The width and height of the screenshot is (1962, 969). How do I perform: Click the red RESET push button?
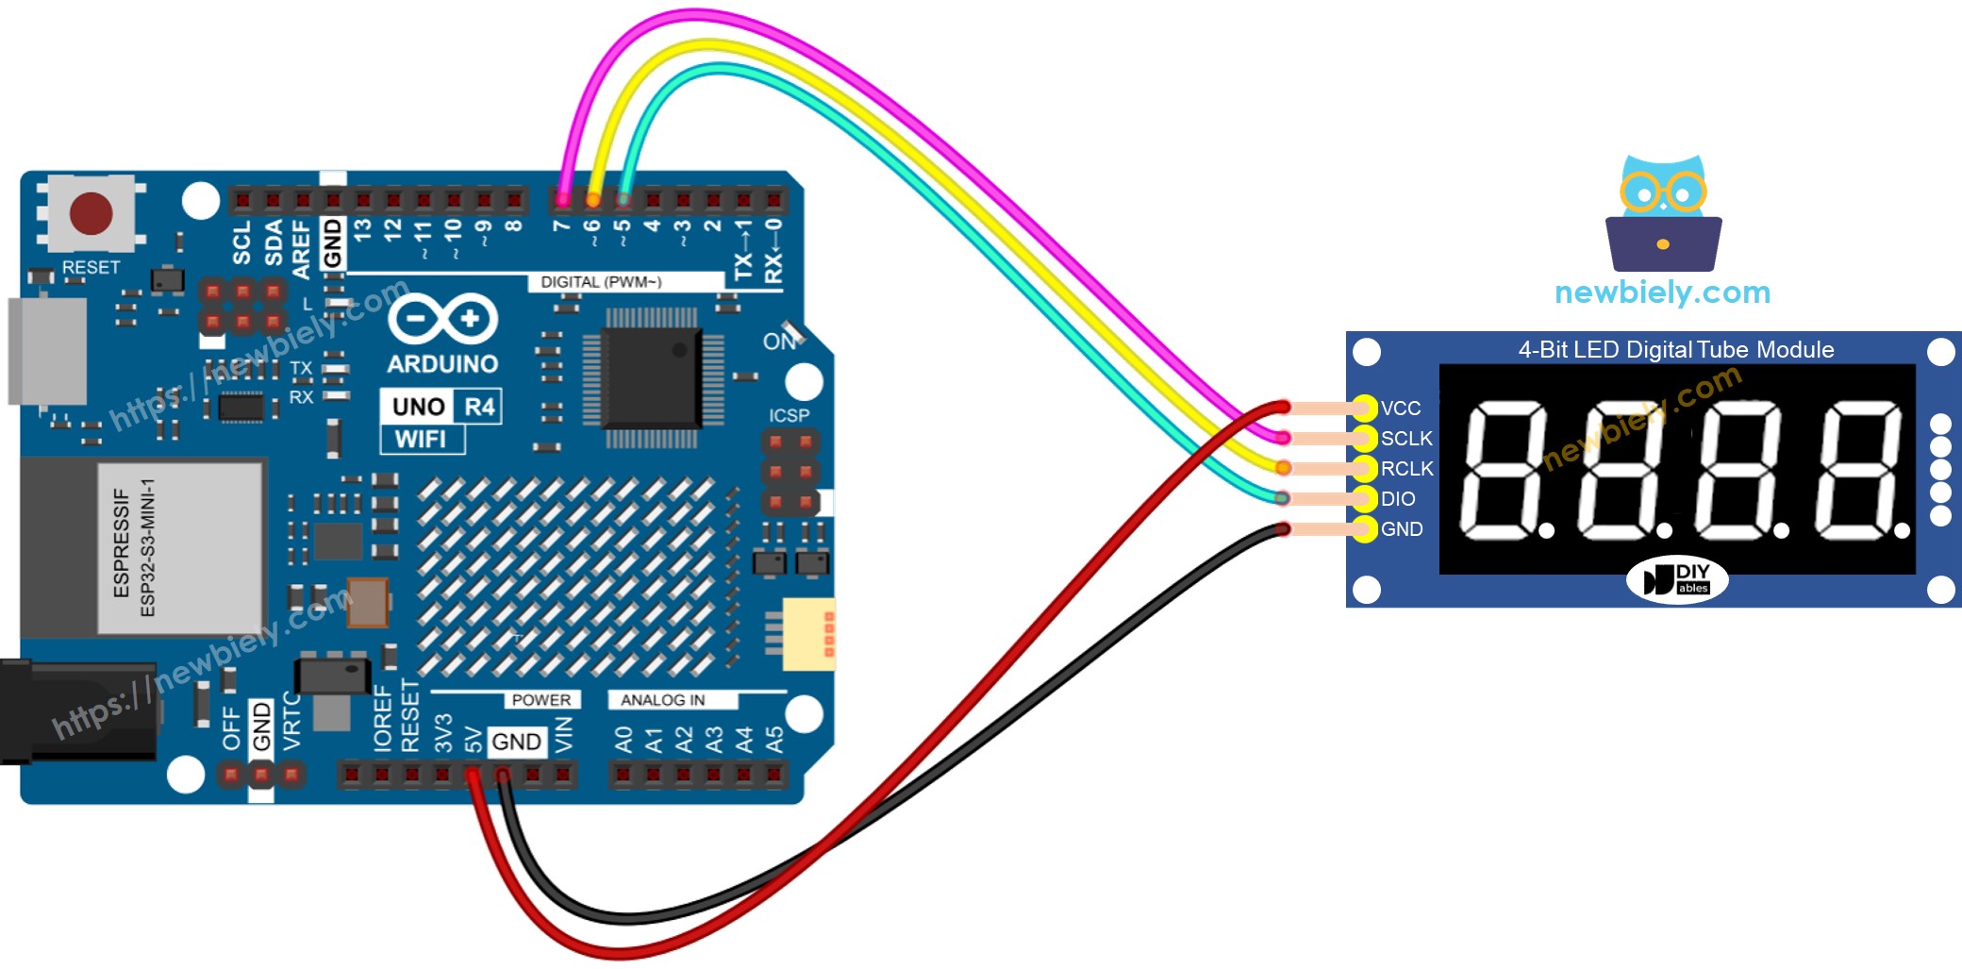(x=91, y=213)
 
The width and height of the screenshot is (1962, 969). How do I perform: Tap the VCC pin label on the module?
(x=1400, y=409)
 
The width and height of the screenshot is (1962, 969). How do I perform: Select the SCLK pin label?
(x=1405, y=439)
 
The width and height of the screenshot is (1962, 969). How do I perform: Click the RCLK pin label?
(x=1406, y=469)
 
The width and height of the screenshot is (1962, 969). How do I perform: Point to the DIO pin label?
(x=1397, y=499)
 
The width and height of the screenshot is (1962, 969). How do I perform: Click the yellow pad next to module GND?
(x=1364, y=529)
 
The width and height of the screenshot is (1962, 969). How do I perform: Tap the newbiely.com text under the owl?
(x=1662, y=292)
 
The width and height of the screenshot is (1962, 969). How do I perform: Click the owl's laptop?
(x=1663, y=244)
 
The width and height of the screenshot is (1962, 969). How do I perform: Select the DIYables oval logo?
(x=1676, y=579)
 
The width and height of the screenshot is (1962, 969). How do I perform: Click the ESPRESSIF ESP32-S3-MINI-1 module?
(x=141, y=547)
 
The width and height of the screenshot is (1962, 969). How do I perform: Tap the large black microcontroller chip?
(x=651, y=377)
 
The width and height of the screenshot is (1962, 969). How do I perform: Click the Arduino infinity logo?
(x=442, y=319)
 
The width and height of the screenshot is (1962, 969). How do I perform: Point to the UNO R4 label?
(x=441, y=407)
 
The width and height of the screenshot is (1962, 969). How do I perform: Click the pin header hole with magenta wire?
(x=563, y=199)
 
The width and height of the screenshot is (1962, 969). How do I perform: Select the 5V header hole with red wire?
(x=473, y=776)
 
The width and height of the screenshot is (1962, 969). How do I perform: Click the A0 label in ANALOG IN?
(x=624, y=739)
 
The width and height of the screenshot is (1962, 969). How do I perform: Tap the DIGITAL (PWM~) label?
(x=601, y=282)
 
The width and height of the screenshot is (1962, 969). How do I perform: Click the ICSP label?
(x=788, y=416)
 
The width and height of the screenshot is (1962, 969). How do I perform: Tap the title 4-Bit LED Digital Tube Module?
(x=1675, y=350)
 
